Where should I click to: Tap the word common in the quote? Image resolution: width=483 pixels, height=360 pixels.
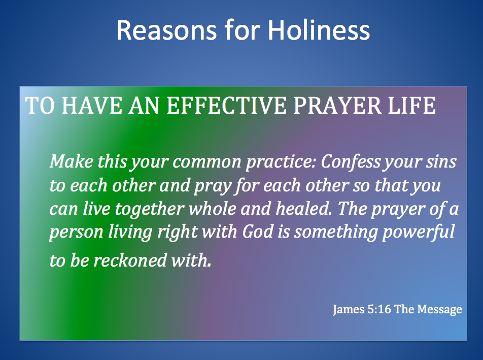point(208,162)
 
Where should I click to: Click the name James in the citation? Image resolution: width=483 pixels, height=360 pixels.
point(349,309)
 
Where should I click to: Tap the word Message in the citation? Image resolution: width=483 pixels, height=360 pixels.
point(440,309)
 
